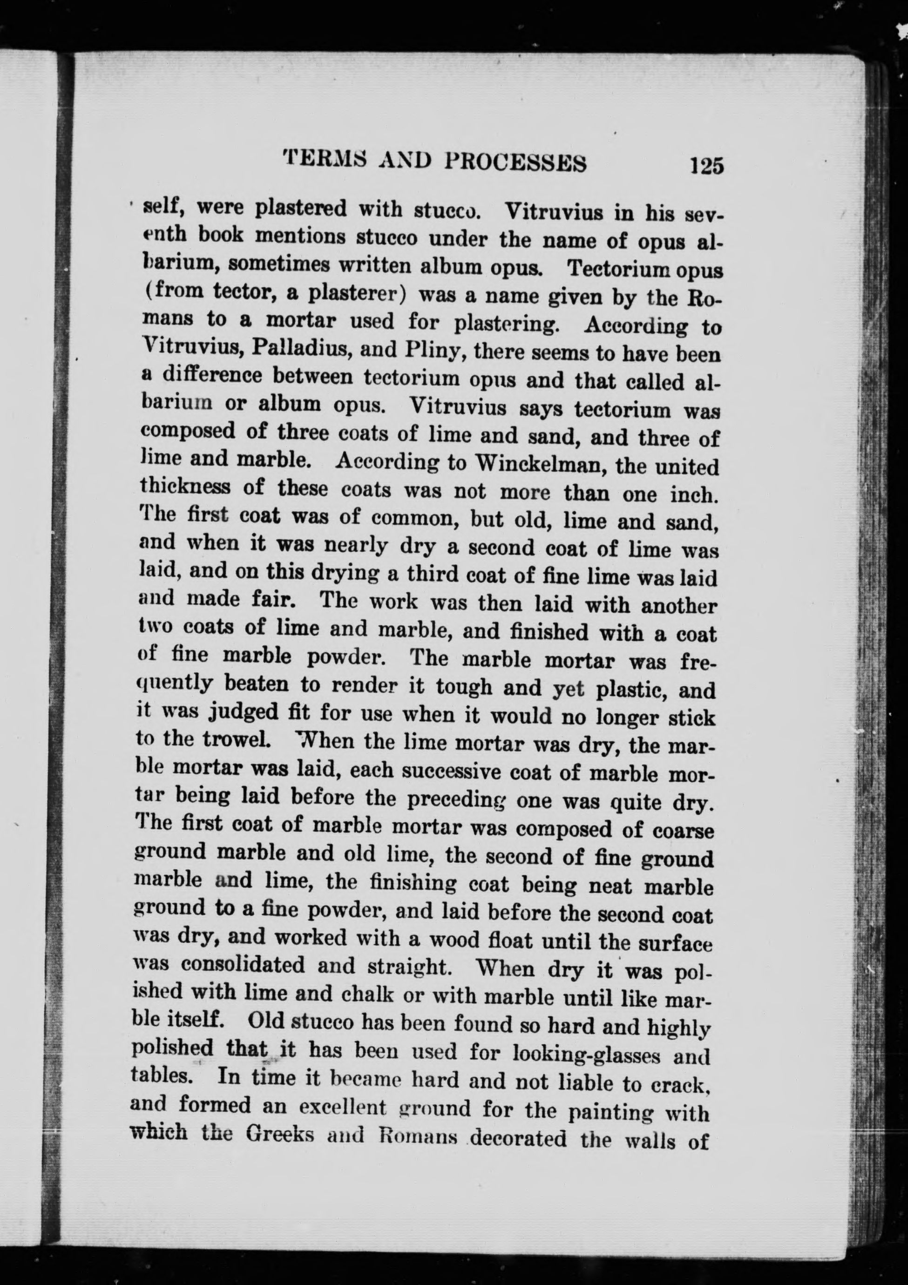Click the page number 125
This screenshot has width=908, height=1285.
707,166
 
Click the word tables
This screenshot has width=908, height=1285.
159,1075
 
